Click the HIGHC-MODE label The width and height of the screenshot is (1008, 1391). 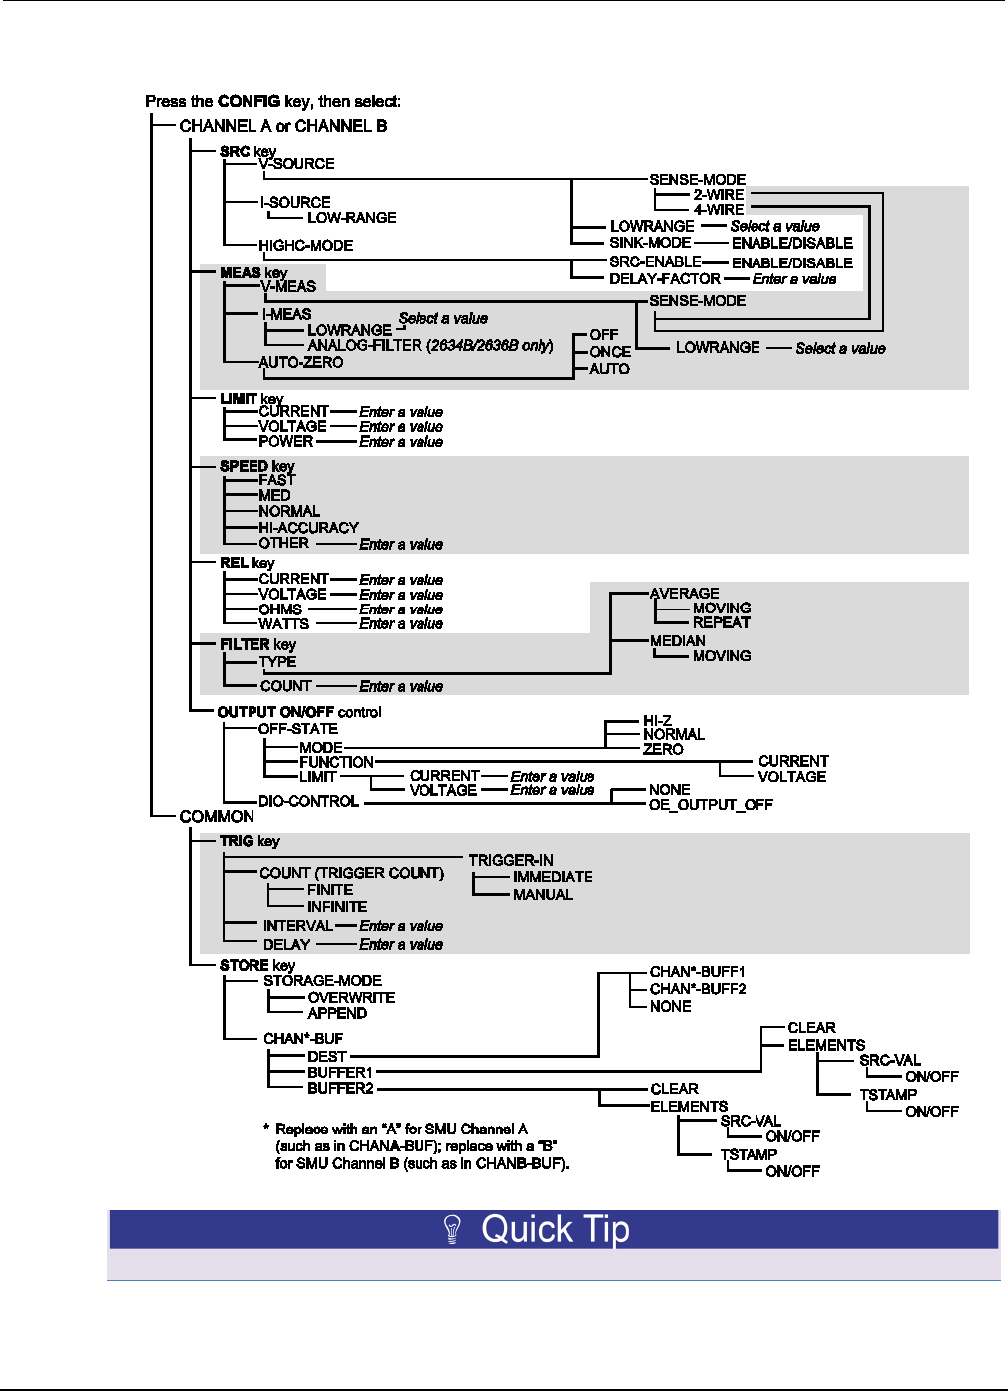tap(305, 246)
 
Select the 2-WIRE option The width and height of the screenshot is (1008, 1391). tap(718, 195)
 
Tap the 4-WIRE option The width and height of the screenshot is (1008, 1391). tap(718, 210)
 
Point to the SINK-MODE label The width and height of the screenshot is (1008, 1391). tap(650, 243)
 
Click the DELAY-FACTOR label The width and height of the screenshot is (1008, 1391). tap(664, 279)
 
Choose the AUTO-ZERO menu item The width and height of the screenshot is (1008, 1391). tap(300, 363)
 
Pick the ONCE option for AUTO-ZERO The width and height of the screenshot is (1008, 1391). tap(609, 352)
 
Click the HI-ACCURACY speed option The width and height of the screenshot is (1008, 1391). tap(308, 528)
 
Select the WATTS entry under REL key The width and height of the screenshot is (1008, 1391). tap(283, 624)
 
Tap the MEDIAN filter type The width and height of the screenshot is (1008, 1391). tap(677, 641)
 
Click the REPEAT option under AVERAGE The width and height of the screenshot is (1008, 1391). tap(721, 623)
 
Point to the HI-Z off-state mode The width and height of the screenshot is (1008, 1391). tap(657, 721)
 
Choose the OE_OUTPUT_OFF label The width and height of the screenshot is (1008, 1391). tap(710, 805)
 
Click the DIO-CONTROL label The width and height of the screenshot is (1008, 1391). tap(308, 802)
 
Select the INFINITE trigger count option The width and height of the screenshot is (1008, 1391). tap(337, 907)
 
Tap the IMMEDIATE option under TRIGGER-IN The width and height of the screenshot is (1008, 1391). tap(552, 877)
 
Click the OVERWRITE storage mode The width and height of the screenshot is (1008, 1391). tap(351, 998)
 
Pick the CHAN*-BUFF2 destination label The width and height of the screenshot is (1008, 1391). tap(697, 989)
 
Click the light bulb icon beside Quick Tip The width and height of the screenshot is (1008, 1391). tap(453, 1229)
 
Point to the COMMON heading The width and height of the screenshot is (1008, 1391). tap(217, 817)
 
